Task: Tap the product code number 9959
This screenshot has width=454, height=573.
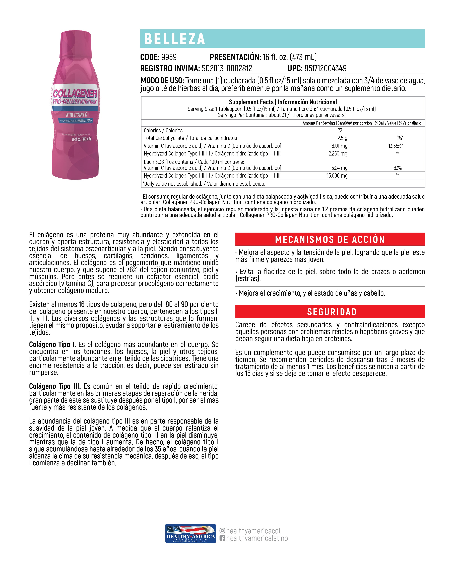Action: [169, 57]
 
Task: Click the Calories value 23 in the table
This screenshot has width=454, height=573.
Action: [340, 130]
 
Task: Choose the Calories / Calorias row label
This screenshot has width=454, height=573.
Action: [163, 130]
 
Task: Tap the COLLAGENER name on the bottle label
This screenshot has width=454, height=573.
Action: [75, 94]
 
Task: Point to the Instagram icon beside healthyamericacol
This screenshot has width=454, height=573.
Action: [222, 531]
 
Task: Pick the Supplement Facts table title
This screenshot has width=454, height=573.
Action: [283, 102]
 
